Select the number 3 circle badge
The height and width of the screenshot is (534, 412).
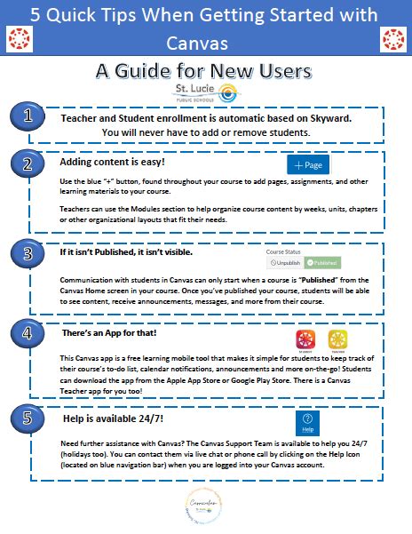29,254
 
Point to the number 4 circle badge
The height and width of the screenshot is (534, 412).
29,334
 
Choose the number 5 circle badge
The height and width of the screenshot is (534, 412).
29,418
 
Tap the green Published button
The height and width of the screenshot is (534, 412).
321,264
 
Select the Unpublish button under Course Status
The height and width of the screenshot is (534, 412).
284,264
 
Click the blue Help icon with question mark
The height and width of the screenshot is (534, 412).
307,422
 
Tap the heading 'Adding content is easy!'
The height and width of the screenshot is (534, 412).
112,163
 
